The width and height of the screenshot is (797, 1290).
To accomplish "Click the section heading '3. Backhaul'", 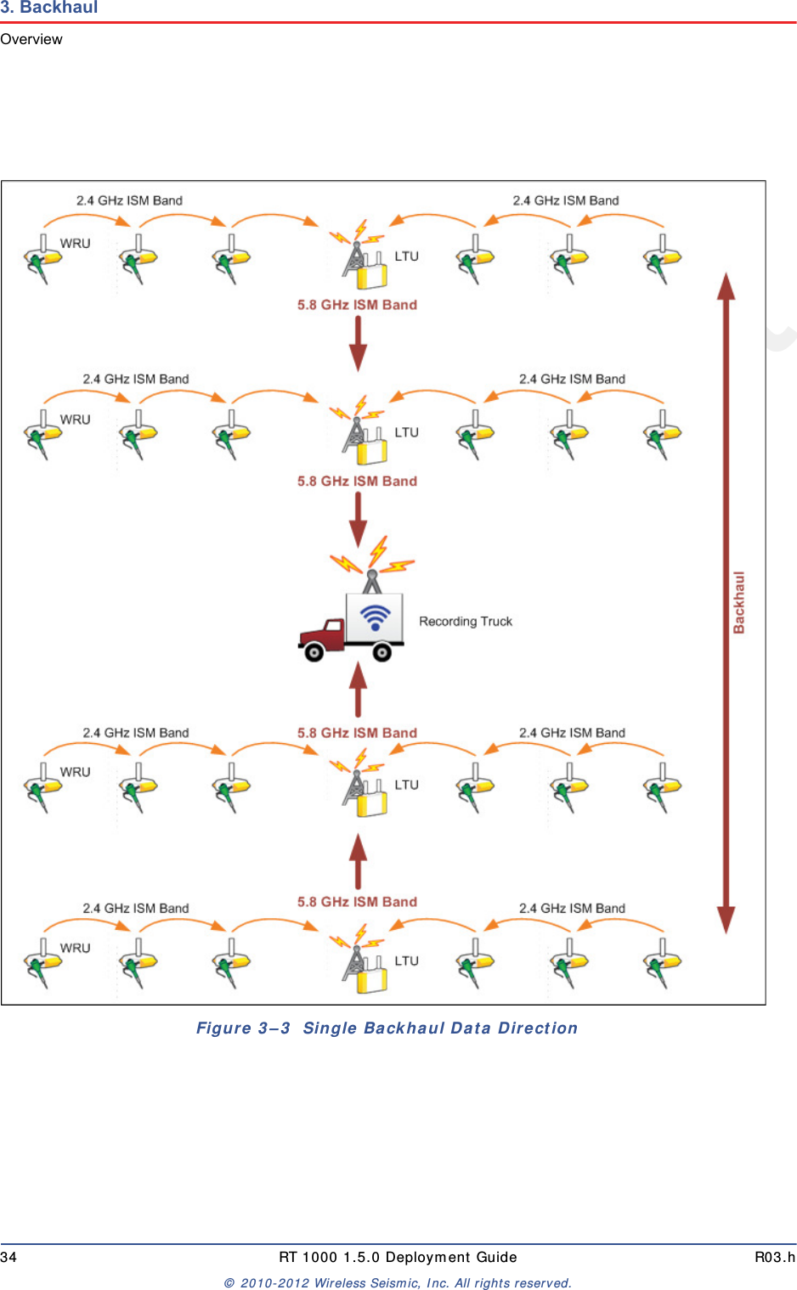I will tap(49, 8).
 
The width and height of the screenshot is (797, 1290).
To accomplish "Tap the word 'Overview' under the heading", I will tap(31, 39).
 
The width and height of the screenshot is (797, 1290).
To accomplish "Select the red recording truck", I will tap(350, 628).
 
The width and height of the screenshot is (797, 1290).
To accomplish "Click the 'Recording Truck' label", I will tap(466, 622).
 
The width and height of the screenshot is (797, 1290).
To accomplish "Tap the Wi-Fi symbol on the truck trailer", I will tap(375, 617).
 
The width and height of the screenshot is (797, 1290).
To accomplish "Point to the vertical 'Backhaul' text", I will tap(739, 602).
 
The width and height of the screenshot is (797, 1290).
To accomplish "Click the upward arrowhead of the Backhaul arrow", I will tap(726, 287).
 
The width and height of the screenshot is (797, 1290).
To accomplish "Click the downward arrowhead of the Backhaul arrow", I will tap(726, 919).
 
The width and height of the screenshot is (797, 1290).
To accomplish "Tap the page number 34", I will tap(8, 1257).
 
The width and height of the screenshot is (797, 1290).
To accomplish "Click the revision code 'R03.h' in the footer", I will tap(775, 1257).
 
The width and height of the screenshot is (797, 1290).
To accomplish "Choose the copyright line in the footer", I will tap(398, 1283).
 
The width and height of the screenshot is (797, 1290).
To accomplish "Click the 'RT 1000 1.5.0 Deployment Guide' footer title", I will tap(398, 1257).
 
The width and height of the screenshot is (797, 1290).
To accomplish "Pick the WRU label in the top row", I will tap(75, 244).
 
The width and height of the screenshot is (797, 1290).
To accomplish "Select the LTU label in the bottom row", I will tap(407, 960).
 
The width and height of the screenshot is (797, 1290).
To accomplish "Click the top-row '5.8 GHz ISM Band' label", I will tap(357, 305).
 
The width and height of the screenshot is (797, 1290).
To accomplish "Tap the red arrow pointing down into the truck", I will tap(359, 519).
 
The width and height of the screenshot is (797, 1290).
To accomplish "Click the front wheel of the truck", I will tap(314, 652).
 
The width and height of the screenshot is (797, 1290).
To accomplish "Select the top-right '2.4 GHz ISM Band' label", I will tap(566, 200).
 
